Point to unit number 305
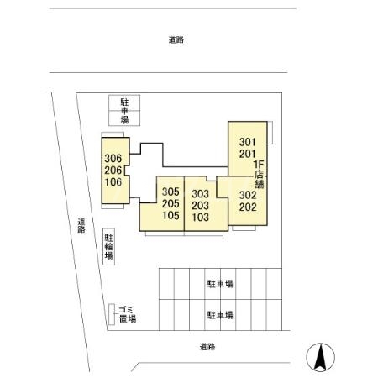(171, 192)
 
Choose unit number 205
(171, 203)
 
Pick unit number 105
(171, 215)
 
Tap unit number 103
(200, 217)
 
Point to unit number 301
(247, 141)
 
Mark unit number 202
(247, 207)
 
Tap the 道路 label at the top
(176, 39)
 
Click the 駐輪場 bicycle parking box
(108, 247)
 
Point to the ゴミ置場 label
(125, 314)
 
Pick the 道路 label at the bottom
(207, 346)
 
